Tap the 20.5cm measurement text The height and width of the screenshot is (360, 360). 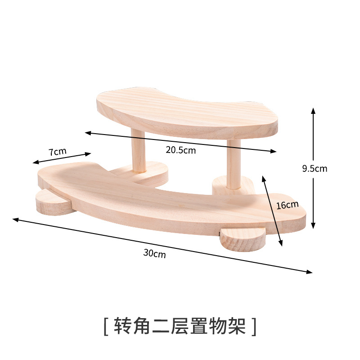[x=180, y=150]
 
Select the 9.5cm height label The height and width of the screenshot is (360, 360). [x=315, y=169]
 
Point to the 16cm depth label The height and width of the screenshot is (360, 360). [x=287, y=205]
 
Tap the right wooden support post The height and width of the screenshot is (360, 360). [x=233, y=164]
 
